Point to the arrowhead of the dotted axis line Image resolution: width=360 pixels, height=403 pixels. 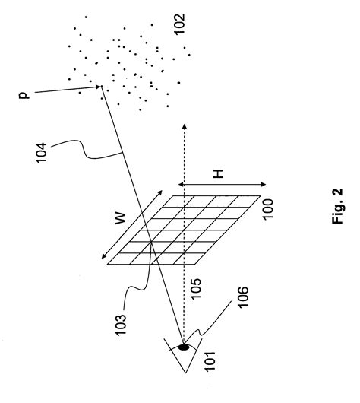click(x=183, y=123)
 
